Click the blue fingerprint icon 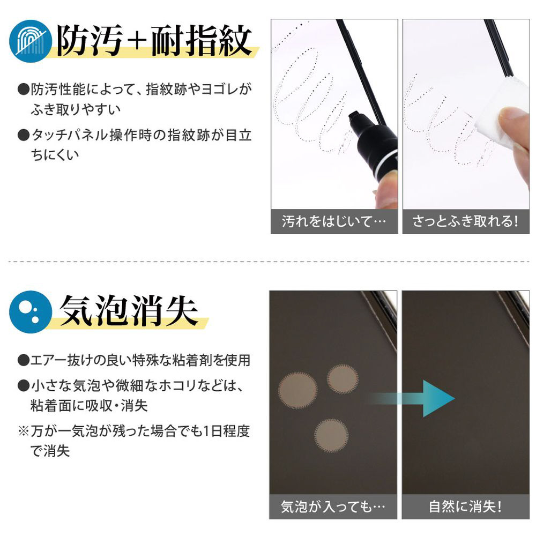point(31,41)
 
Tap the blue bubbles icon point(31,312)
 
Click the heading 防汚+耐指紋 point(154,40)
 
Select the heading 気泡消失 point(129,311)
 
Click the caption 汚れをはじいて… point(334,221)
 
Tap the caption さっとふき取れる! point(465,221)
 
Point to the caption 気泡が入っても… point(333,507)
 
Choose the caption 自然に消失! point(465,507)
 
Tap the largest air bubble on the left point(297,390)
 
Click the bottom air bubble point(331,435)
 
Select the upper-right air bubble point(343,379)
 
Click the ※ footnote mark point(23,431)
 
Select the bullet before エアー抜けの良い point(23,360)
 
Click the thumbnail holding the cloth point(466,126)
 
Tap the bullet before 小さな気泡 point(23,385)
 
